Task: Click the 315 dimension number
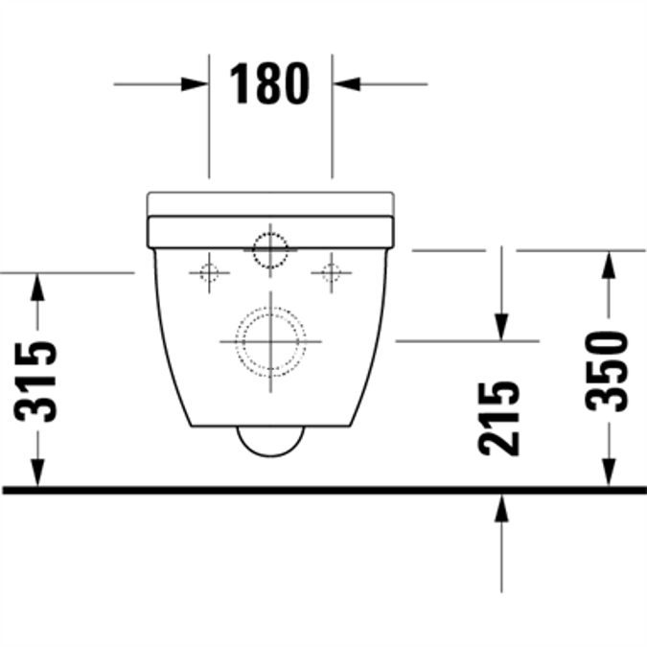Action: (37, 381)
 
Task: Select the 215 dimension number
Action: (500, 418)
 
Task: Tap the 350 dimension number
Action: (608, 370)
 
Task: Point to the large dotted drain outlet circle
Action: (271, 340)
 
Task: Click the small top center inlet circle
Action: (270, 251)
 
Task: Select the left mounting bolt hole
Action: (209, 273)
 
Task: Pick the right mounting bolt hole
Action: (331, 273)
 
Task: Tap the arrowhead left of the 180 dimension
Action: (196, 83)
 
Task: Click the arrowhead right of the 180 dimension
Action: (345, 83)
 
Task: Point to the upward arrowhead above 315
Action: (37, 284)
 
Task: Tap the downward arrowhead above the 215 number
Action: (500, 328)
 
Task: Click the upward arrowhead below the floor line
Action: (500, 508)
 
